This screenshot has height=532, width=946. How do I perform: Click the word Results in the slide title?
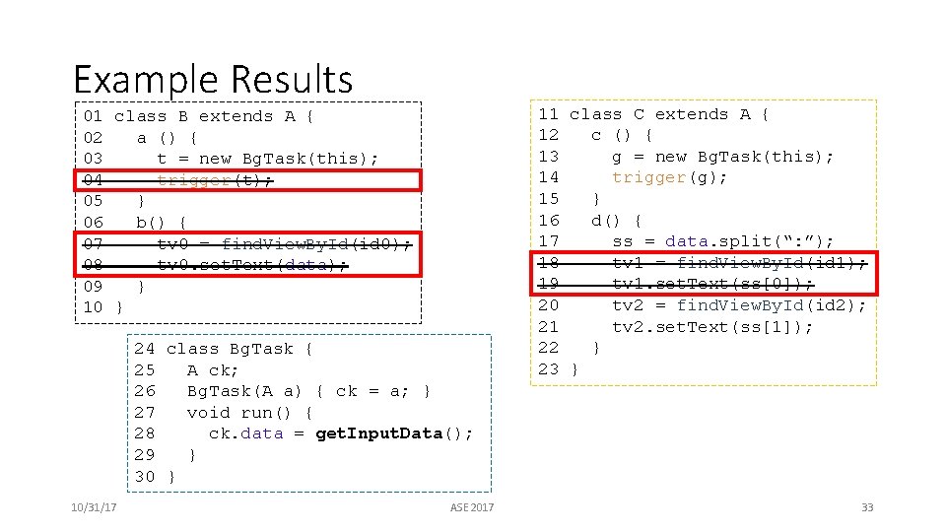292,80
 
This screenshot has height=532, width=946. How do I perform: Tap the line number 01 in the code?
93,116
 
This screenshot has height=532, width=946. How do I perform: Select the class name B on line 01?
183,116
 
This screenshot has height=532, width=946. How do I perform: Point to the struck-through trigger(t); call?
215,179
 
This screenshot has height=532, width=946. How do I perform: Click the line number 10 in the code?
93,307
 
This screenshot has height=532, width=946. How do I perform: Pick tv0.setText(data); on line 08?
252,265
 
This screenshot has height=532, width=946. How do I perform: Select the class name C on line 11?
639,114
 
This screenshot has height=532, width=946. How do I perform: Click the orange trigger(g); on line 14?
670,177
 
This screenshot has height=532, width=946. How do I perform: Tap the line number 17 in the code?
549,241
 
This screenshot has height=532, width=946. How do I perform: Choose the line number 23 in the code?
549,369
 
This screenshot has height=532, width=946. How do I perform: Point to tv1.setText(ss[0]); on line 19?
712,284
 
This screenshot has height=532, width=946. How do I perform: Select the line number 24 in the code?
145,349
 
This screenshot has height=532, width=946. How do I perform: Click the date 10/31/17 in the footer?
95,507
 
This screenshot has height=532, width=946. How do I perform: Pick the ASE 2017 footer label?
472,507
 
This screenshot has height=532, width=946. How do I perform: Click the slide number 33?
867,507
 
